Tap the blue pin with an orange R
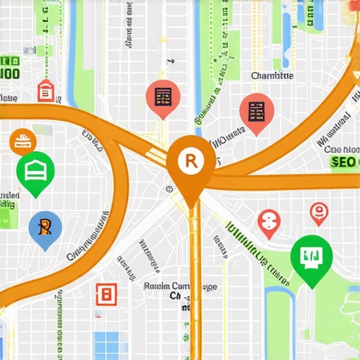point(45,229)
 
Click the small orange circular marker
point(22,141)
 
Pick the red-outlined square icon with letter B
point(106,292)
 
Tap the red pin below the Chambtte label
point(255,112)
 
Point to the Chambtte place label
point(274,75)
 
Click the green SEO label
point(342,162)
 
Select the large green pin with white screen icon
point(309,257)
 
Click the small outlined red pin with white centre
point(319,212)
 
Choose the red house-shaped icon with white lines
point(46,90)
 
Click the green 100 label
point(9,73)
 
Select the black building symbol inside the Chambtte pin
point(255,110)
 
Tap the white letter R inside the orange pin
point(189,161)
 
